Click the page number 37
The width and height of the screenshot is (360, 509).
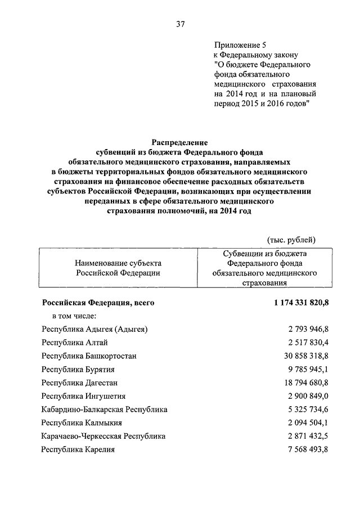click(180, 24)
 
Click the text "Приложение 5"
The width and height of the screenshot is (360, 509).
click(237, 44)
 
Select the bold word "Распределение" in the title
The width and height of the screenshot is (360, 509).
click(180, 143)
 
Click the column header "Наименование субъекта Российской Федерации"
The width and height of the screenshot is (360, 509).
click(118, 267)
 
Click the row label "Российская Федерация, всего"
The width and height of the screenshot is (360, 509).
click(98, 303)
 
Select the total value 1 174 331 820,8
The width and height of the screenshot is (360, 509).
click(301, 303)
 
